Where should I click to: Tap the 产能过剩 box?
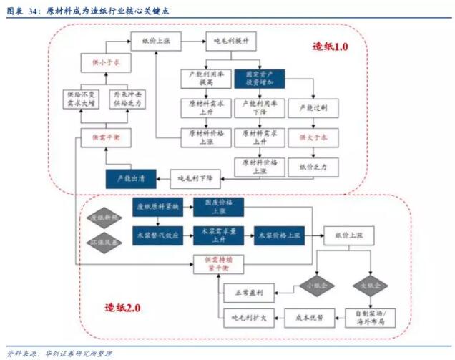point(313,108)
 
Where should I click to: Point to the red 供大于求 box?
point(313,136)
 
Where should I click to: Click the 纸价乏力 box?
point(313,167)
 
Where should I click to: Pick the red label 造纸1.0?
point(330,47)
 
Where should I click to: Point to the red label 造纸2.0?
point(123,308)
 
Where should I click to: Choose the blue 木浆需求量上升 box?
point(216,234)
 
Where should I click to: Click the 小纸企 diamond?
point(312,284)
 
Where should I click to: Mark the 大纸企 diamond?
point(369,284)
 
